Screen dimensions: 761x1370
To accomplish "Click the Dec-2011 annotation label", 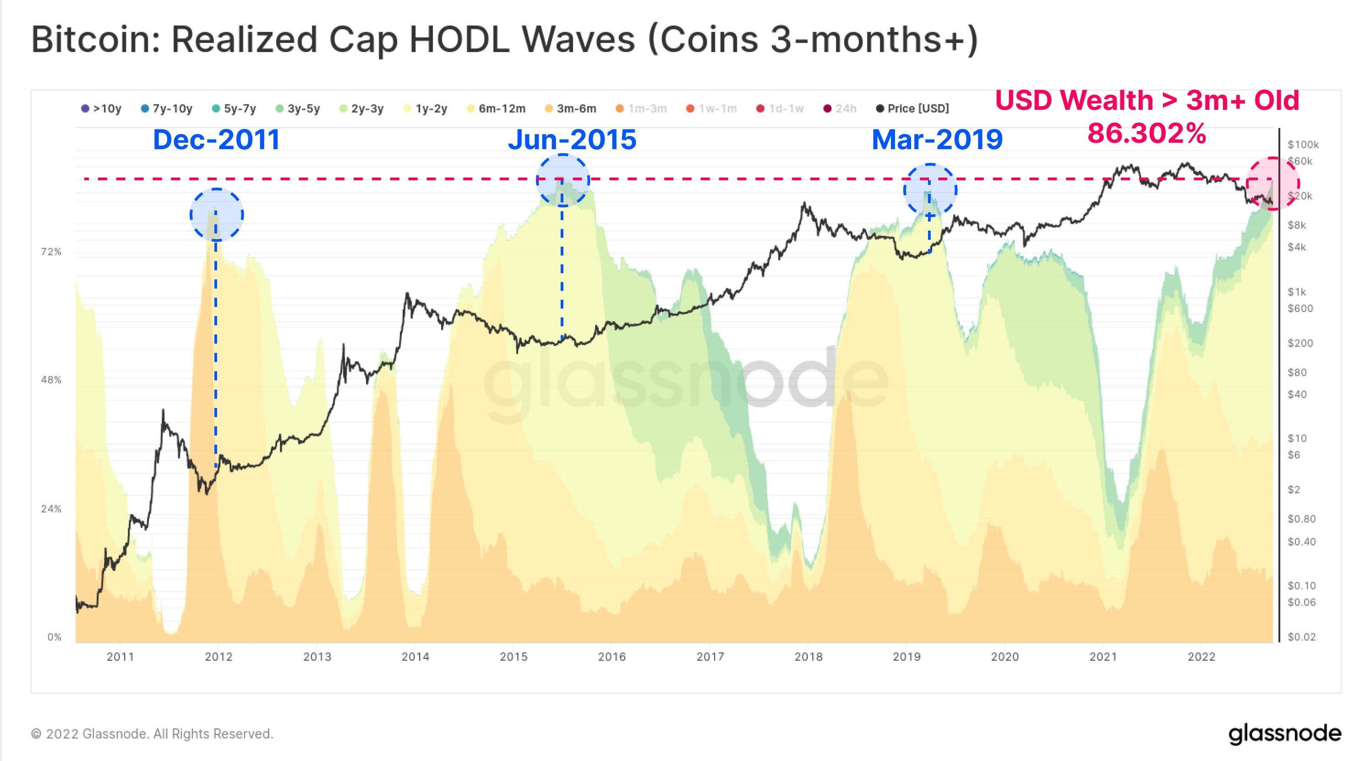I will tap(217, 140).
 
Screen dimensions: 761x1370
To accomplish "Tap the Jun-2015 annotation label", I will tap(572, 140).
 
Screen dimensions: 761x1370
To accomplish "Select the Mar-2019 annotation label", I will tap(937, 140).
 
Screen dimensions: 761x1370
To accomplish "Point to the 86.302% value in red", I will tap(1146, 133).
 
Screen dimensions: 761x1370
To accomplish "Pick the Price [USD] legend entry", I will tap(912, 109).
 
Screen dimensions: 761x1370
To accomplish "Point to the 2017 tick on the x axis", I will tap(710, 657).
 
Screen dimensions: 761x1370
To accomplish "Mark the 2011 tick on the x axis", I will tap(120, 657).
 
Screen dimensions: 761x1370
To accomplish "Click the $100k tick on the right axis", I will tap(1303, 145).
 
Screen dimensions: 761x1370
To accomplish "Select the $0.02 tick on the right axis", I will tap(1301, 637).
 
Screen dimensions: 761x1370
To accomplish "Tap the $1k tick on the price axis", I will tap(1297, 292).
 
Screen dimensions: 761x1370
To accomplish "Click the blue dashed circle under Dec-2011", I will tap(217, 215).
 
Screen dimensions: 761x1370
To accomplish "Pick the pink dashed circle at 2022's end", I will tap(1273, 184).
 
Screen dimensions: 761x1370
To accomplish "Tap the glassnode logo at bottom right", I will tap(1284, 734).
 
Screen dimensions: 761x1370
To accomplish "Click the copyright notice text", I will tap(152, 734).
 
